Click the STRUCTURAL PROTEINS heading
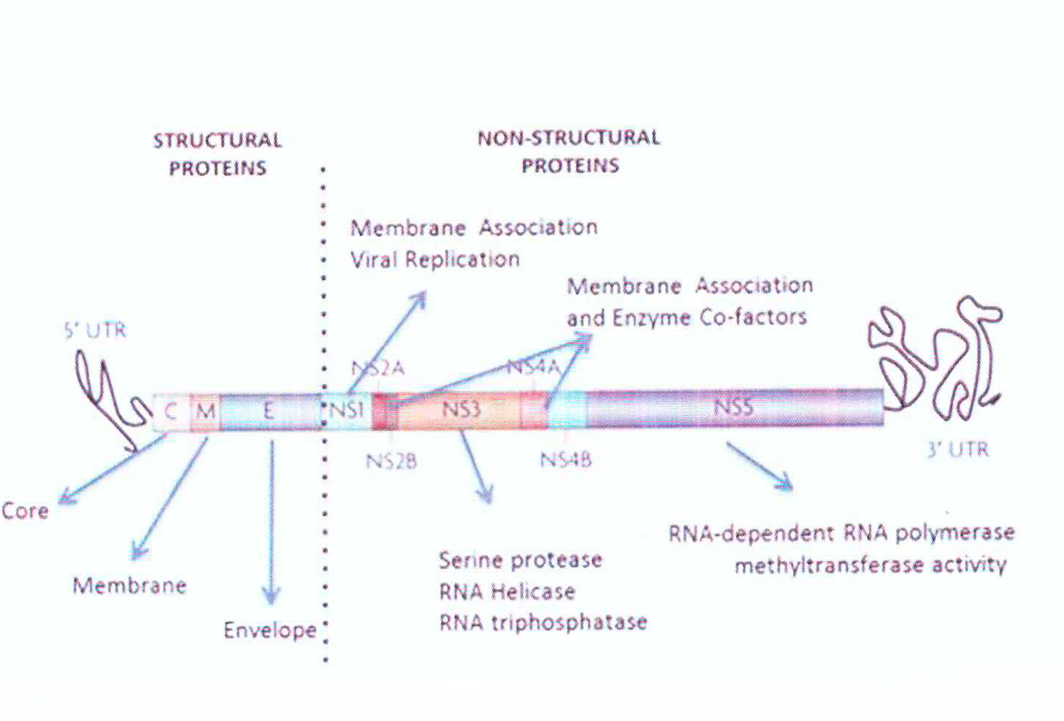[217, 154]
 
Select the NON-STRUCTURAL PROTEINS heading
[569, 151]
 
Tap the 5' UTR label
[96, 330]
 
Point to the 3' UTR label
[957, 449]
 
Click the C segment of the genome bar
[171, 411]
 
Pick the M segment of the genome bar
[205, 411]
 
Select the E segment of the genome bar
[269, 411]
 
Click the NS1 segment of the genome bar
[346, 409]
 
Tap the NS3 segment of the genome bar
[461, 409]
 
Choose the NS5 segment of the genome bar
[734, 408]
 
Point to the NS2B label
[391, 461]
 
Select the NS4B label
[566, 460]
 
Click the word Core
[25, 511]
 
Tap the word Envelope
[270, 630]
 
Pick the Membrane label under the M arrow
[130, 586]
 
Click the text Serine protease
[520, 560]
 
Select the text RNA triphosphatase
[543, 623]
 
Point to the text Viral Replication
[435, 260]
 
